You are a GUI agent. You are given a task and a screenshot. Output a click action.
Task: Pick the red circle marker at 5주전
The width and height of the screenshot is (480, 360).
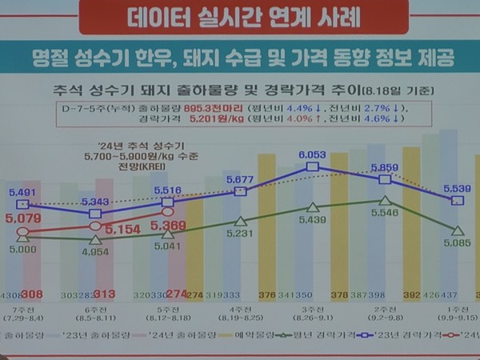tap(168, 212)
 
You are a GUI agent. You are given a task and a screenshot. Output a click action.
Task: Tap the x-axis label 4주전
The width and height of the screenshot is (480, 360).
tap(239, 309)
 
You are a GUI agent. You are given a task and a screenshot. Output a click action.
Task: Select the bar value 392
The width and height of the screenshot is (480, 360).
tap(413, 294)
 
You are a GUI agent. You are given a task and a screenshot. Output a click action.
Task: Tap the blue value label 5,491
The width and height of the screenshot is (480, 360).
tap(24, 193)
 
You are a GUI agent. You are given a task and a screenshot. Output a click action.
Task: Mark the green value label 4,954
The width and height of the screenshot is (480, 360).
tap(95, 252)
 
